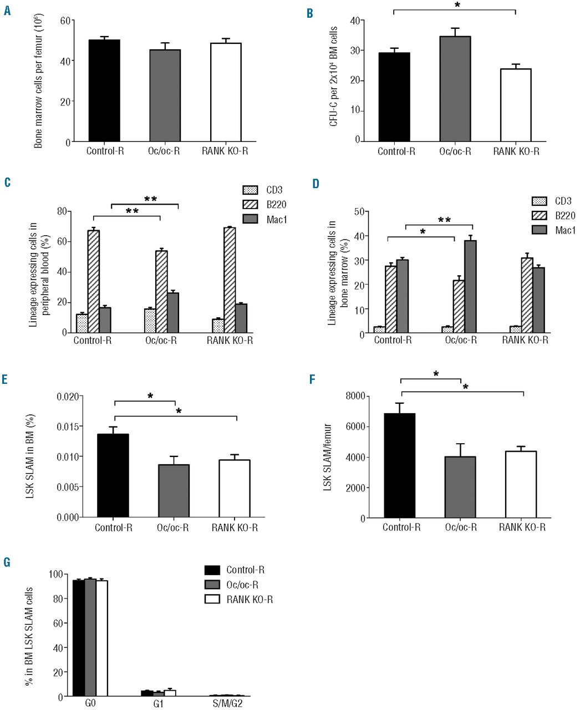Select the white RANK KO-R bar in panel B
pyautogui.click(x=516, y=105)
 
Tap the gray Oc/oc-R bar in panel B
pyautogui.click(x=455, y=89)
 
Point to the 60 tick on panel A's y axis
pyautogui.click(x=65, y=21)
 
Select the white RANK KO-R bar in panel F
pyautogui.click(x=521, y=484)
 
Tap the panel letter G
pyautogui.click(x=7, y=562)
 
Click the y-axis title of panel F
pyautogui.click(x=328, y=457)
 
